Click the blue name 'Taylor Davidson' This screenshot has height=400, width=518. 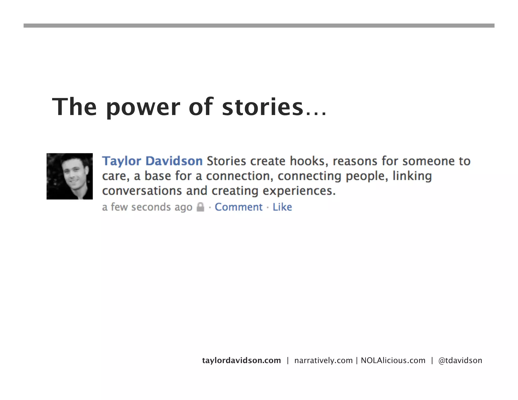152,161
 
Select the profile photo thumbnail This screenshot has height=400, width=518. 70,176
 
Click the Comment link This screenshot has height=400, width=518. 239,207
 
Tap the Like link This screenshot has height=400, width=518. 282,207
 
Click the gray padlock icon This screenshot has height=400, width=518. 200,207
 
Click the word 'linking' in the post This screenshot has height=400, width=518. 412,176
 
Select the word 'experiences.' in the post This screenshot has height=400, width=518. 299,191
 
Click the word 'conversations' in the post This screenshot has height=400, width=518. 142,191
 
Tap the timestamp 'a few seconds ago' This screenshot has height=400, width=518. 147,207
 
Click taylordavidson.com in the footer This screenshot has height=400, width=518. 241,360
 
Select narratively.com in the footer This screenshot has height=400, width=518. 323,360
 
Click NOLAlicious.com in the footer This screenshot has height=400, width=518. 393,360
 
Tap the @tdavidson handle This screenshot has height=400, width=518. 460,360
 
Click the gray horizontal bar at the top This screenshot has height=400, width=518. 259,26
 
